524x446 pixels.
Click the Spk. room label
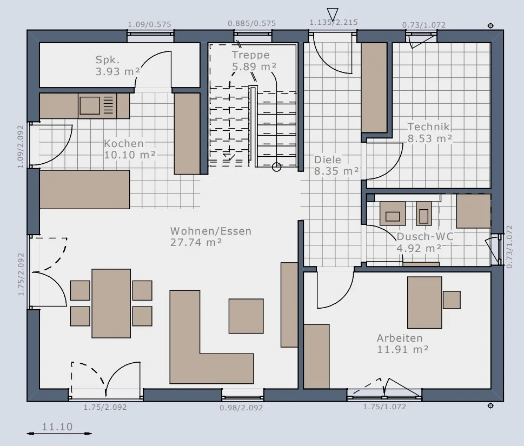pos(118,65)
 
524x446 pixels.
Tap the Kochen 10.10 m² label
pos(130,149)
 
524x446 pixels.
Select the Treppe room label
pos(254,61)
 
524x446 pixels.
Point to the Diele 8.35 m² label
pos(336,165)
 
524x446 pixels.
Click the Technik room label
pos(430,132)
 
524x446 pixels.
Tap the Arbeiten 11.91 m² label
pos(403,344)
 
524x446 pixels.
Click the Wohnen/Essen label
pos(210,237)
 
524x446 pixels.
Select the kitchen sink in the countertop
pos(90,105)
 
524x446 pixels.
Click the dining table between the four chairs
pos(111,303)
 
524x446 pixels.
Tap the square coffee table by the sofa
pos(246,316)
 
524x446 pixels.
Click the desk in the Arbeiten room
pos(424,303)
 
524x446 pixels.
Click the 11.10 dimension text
pos(57,427)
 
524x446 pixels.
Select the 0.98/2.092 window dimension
pos(241,408)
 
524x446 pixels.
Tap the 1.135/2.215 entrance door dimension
pos(334,22)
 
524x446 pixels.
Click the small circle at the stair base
pos(276,167)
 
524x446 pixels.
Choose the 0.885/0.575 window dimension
pos(252,23)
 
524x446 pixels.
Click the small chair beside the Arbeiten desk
pos(452,299)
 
